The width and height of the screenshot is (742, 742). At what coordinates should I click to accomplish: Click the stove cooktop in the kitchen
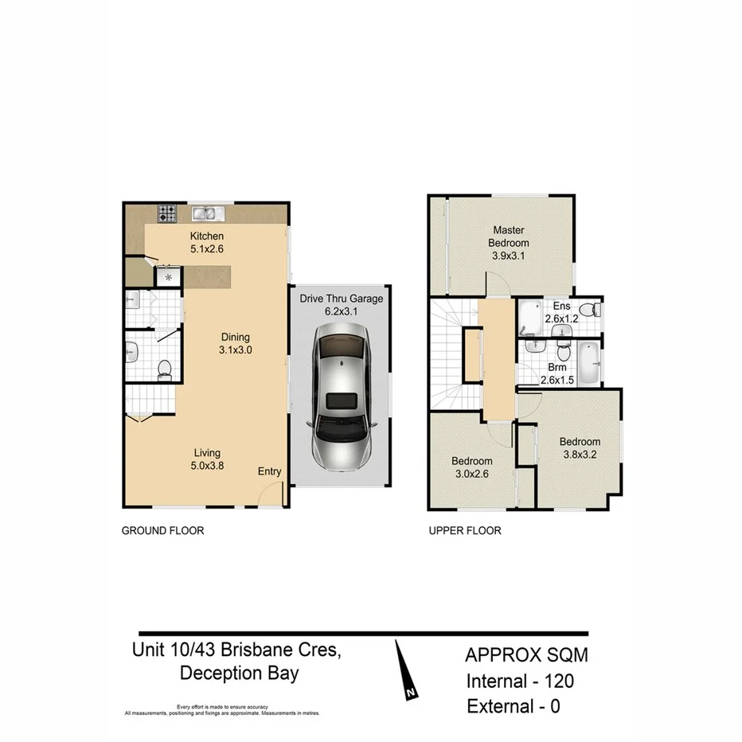point(167,213)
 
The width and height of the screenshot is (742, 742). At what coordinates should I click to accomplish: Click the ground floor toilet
point(165,369)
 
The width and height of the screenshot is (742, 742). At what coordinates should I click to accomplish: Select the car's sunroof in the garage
point(342,400)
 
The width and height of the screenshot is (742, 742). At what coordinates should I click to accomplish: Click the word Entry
point(269,471)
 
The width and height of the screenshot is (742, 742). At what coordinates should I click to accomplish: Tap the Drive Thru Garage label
point(342,299)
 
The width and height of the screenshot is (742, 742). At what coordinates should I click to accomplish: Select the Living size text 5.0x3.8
point(205,467)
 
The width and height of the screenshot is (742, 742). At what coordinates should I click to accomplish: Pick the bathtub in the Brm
point(590,360)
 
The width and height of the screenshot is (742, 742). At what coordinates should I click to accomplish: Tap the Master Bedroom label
point(508,236)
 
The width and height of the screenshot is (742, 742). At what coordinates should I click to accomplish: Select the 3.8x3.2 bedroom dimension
point(579,455)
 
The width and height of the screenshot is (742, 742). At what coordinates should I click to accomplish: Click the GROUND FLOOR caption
point(162,530)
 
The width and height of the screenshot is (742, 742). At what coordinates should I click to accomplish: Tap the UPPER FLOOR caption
point(464,530)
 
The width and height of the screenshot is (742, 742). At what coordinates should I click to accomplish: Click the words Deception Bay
point(239,674)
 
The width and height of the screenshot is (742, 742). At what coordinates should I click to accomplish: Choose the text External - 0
point(513,706)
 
